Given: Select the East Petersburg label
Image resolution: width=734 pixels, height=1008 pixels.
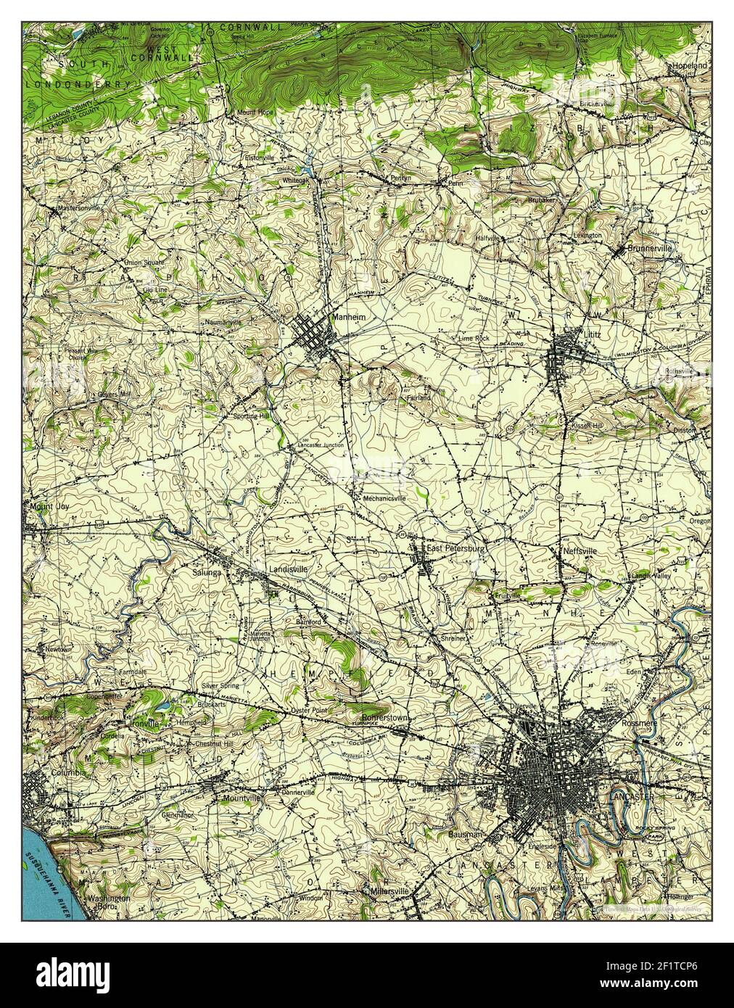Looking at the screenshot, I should pyautogui.click(x=455, y=549).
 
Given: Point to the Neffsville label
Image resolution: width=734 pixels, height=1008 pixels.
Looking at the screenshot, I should pyautogui.click(x=580, y=551).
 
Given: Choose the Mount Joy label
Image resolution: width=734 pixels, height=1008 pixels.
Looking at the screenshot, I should pyautogui.click(x=45, y=507).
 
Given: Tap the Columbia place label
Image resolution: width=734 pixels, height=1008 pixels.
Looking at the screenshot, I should pyautogui.click(x=68, y=773).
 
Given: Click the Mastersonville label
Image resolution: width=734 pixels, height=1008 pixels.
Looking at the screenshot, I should pyautogui.click(x=81, y=208).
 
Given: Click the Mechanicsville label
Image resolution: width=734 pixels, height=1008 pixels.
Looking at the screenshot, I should pyautogui.click(x=384, y=498).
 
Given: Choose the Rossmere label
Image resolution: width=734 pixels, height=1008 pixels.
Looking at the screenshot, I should pyautogui.click(x=638, y=723).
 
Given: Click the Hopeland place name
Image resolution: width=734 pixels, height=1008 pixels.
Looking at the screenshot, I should pyautogui.click(x=688, y=65).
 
